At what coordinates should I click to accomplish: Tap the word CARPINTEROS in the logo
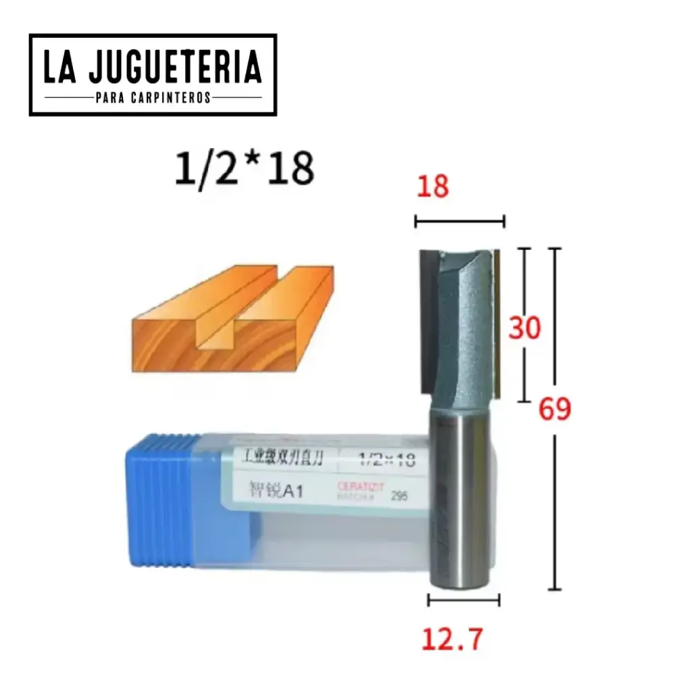173,99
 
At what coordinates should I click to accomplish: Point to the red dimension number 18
432,186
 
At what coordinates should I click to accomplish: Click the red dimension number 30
525,328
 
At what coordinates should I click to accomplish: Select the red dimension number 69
555,409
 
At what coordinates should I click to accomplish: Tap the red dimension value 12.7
453,639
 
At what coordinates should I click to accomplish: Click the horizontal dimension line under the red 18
460,220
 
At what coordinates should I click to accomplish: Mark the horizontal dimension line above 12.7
464,599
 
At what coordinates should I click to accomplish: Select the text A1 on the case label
291,492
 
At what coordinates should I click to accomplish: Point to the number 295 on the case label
400,496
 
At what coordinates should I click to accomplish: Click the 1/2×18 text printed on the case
385,461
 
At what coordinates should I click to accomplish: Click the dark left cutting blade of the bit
426,321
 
